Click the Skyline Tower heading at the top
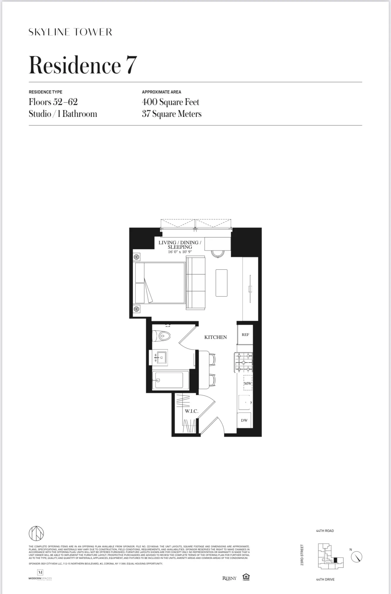70,32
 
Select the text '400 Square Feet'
170,102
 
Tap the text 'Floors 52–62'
53,102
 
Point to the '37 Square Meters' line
172,114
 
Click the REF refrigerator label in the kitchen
245,335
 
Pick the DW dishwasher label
244,420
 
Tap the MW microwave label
248,383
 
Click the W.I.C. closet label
191,411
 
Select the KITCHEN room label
215,337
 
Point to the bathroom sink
161,357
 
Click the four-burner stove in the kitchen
244,362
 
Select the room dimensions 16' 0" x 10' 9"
180,252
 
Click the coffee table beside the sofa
221,283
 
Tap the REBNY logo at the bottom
229,578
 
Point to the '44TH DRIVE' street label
325,579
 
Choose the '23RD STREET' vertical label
302,555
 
